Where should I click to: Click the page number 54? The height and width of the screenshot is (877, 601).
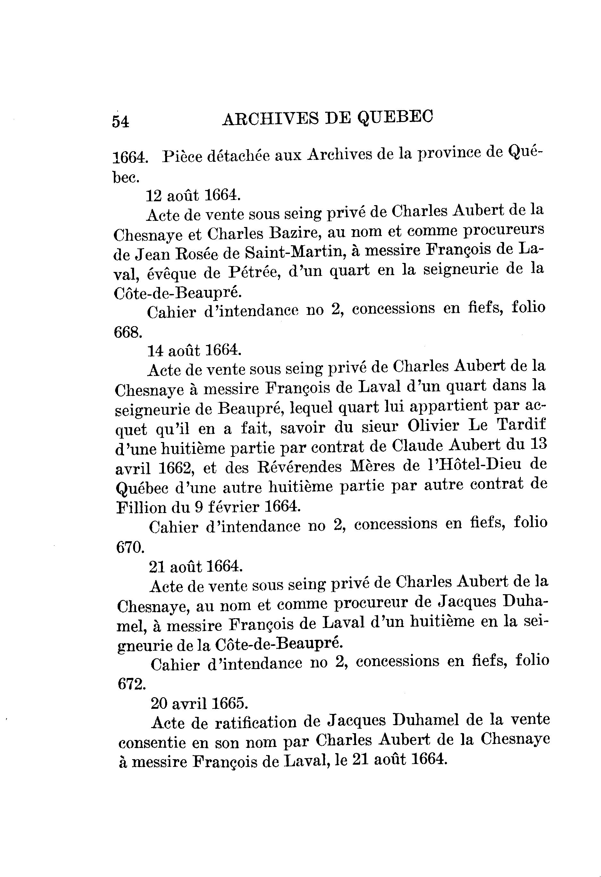coord(120,122)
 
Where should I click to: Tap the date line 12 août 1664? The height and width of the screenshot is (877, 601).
coord(193,195)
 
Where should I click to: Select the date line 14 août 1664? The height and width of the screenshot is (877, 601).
coord(194,351)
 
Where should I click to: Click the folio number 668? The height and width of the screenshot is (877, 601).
coord(128,332)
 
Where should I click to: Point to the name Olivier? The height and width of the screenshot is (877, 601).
coord(433,426)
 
